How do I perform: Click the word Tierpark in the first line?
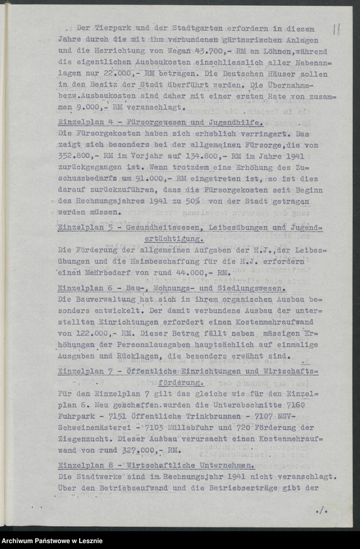pos(115,29)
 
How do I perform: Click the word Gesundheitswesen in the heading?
pos(169,227)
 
